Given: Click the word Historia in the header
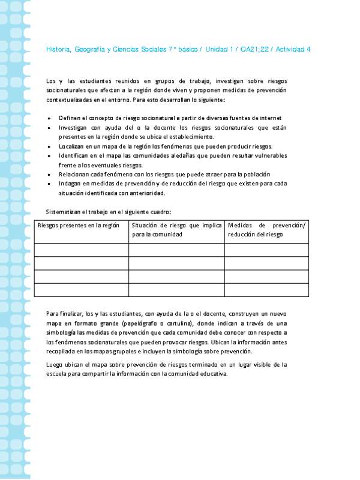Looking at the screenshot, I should click(58, 49).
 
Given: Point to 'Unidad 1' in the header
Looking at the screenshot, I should click(220, 49).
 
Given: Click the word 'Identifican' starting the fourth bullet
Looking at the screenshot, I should click(74, 155).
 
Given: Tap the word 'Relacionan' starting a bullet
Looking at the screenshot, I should click(74, 175).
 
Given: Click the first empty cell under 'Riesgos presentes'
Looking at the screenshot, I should click(82, 250).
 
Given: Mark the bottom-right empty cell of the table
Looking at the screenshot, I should click(266, 290).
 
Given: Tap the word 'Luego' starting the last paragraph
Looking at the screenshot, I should click(55, 364).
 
